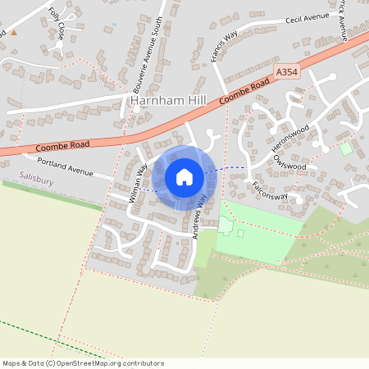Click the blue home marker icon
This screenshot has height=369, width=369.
coord(184,177)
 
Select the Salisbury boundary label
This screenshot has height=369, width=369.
coord(37,178)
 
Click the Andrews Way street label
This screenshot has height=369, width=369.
coord(198,215)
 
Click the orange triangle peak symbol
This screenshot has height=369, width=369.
coord(13,33)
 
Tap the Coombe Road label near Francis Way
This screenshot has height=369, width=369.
coord(247,93)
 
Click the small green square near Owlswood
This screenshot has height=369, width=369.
coord(346,149)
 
